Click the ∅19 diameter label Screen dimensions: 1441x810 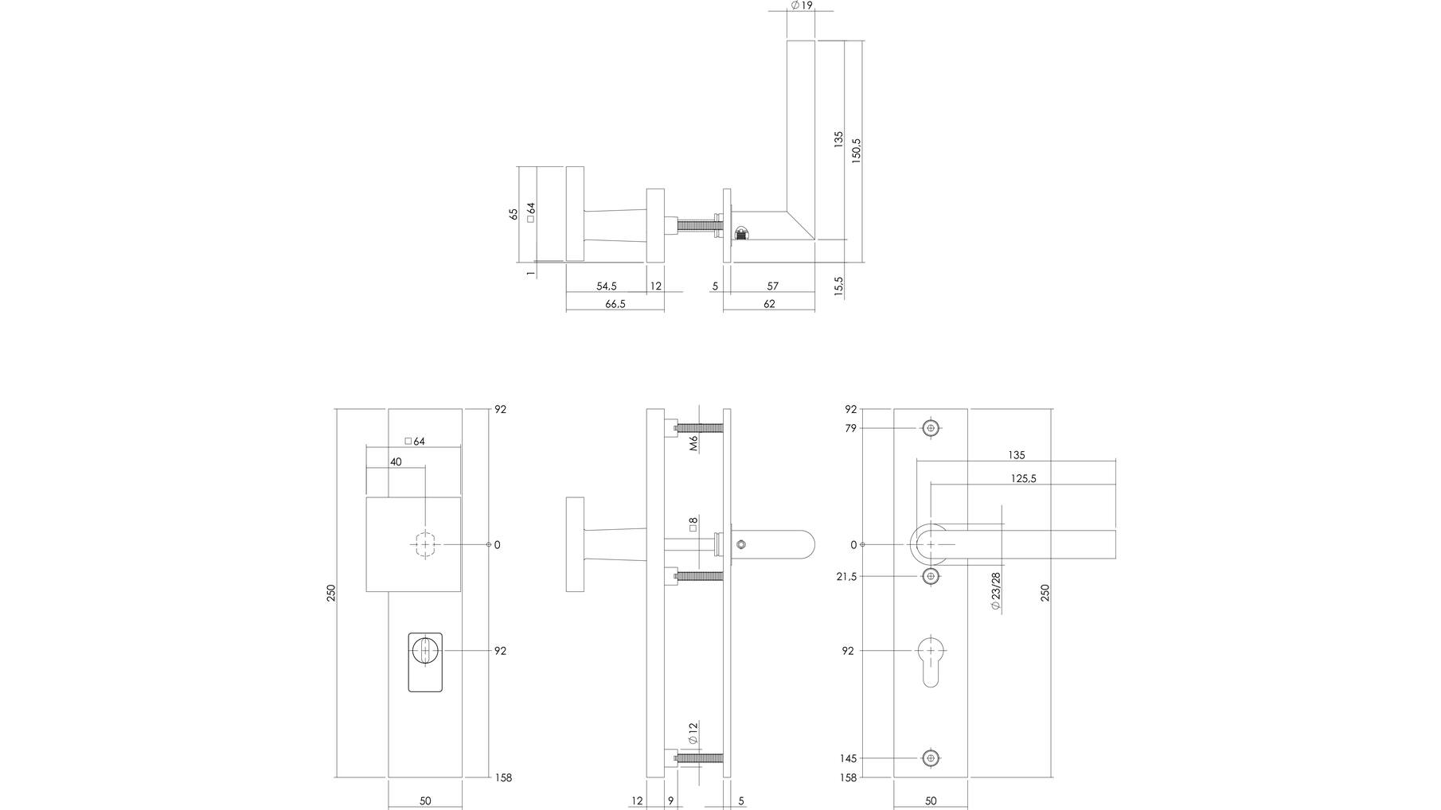[x=801, y=6]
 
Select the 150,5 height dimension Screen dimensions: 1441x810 [x=857, y=151]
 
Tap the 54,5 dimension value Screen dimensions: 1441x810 [x=606, y=286]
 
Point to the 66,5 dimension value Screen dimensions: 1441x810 [x=615, y=304]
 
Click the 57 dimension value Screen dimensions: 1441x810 [x=772, y=286]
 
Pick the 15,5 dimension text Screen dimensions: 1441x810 [x=839, y=286]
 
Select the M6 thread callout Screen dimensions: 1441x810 [x=693, y=443]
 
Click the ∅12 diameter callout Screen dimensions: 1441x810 [x=693, y=733]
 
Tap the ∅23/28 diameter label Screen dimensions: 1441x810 [x=995, y=591]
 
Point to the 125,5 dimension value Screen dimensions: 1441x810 [x=1023, y=479]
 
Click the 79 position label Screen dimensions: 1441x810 [x=850, y=429]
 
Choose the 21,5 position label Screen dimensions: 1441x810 [x=847, y=577]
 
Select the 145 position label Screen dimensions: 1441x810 [x=847, y=759]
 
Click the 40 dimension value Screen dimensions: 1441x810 [x=396, y=462]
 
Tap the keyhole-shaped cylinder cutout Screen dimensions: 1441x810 [x=931, y=660]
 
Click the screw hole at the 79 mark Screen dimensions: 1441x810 [x=931, y=429]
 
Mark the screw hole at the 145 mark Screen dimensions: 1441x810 [x=931, y=758]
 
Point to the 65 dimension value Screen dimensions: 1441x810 [x=514, y=214]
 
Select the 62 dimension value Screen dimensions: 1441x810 [x=769, y=304]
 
